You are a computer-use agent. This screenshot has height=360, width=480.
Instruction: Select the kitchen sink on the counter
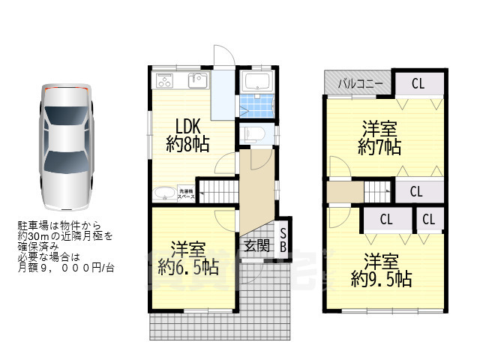click(198, 80)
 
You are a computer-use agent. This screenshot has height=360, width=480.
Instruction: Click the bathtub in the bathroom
click(259, 82)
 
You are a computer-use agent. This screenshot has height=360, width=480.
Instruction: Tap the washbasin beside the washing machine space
click(164, 194)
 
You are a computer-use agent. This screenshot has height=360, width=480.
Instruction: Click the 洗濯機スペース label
click(185, 193)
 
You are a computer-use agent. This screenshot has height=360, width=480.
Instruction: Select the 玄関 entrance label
click(256, 245)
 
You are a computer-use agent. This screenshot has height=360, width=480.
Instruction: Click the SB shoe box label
click(283, 239)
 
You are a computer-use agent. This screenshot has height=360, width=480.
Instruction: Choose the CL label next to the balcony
click(418, 83)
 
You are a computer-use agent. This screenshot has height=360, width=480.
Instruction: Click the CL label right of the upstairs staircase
click(416, 191)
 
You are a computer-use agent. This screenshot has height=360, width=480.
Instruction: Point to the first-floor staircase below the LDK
click(217, 191)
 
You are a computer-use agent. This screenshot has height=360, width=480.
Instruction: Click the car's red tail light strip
click(67, 88)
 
